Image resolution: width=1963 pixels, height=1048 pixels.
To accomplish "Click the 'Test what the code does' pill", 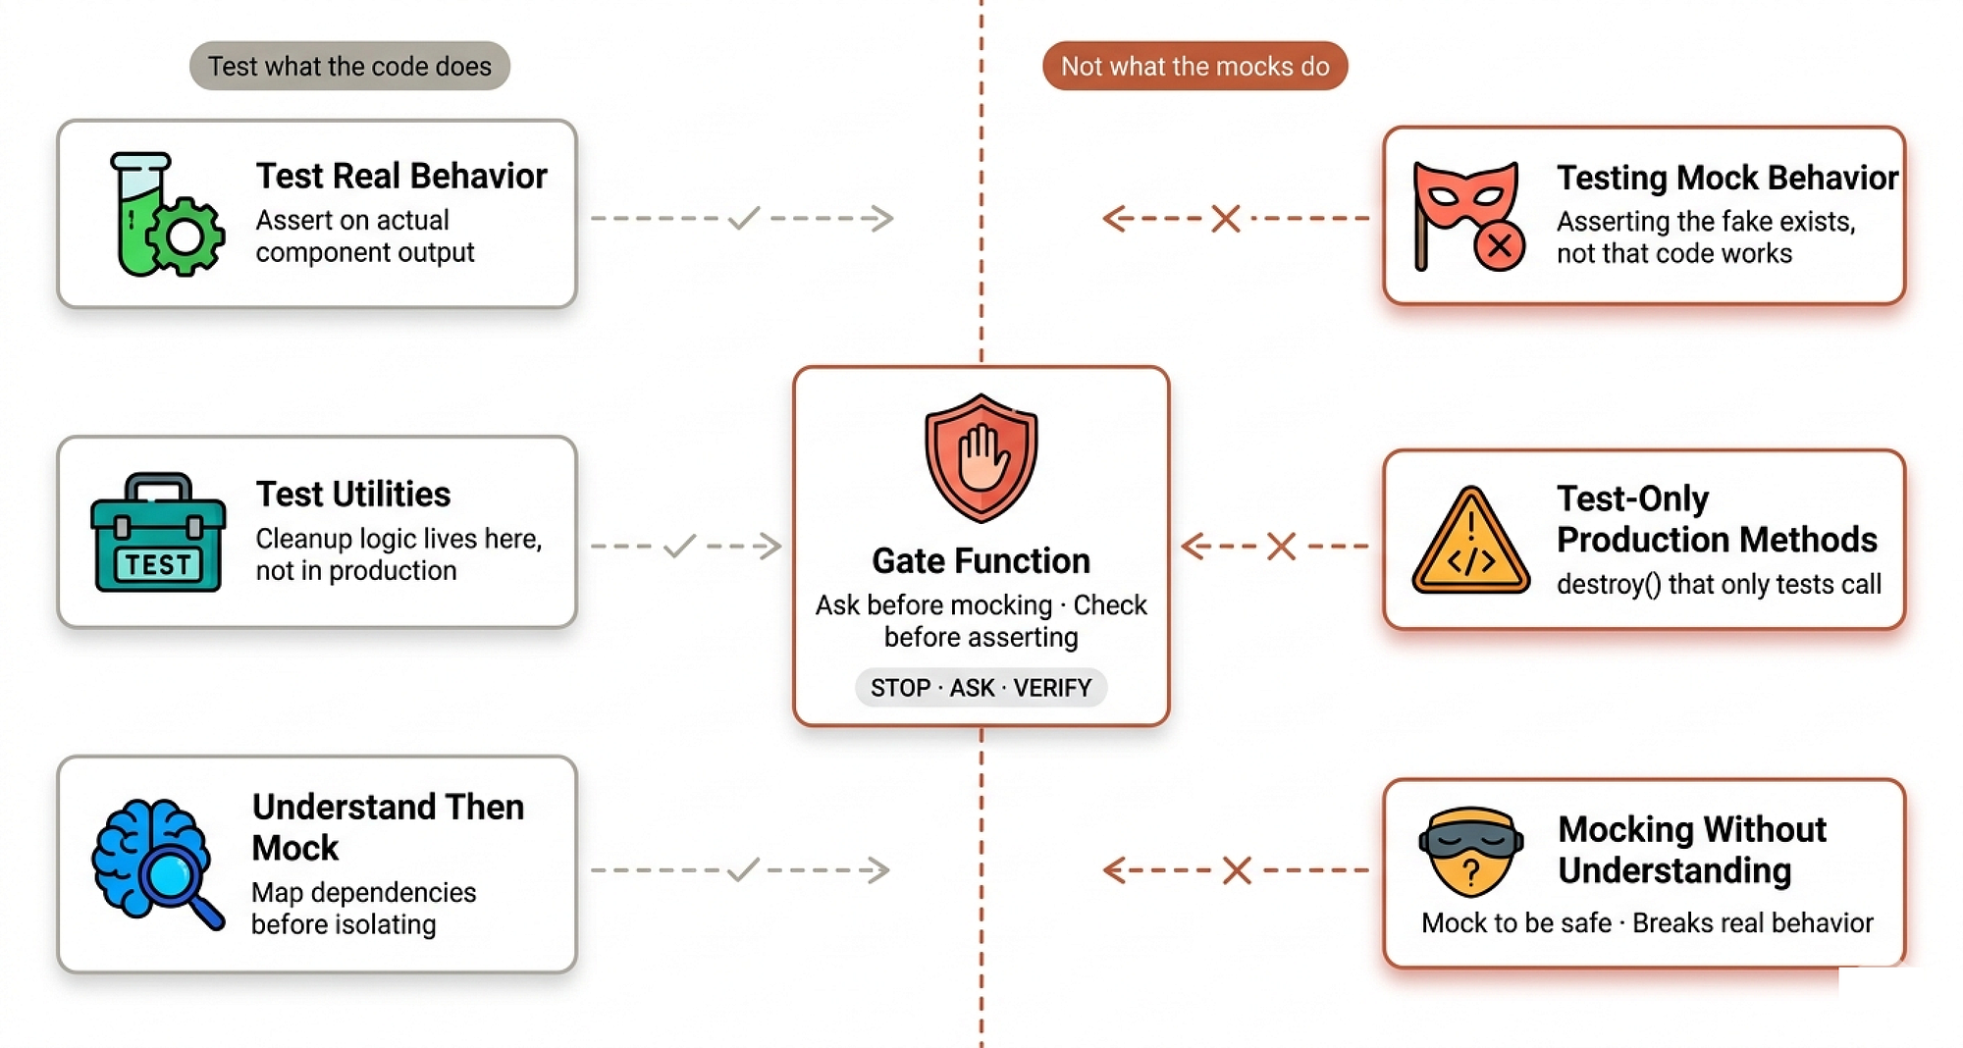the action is (349, 66).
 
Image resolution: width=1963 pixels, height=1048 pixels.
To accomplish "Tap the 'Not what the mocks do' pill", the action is (1194, 66).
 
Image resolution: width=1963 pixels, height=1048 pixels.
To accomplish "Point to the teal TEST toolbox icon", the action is (158, 533).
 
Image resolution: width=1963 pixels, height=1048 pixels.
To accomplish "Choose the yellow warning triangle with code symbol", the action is (1470, 541).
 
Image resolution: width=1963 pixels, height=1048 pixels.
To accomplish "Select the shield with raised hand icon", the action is (981, 458).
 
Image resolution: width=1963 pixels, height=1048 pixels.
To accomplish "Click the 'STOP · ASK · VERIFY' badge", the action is (981, 688).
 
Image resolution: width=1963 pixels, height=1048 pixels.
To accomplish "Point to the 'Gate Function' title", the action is (981, 560).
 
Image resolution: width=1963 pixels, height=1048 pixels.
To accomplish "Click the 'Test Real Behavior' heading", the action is (401, 176).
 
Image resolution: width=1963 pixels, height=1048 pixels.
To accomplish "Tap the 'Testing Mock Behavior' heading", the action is (1727, 178).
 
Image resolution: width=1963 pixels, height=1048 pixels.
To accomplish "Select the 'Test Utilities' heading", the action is (353, 494).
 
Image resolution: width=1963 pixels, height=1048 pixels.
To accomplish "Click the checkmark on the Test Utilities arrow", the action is (679, 546).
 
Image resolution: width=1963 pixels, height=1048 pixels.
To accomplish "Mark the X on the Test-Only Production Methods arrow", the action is (1281, 546).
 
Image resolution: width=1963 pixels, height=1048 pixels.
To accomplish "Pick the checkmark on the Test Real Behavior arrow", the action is (744, 218).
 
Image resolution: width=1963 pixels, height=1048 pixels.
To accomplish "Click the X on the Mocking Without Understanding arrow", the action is (1237, 869).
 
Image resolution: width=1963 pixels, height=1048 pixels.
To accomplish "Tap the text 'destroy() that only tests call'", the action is (1719, 584).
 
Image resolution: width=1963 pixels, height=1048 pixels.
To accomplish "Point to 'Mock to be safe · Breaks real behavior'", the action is (1647, 922).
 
